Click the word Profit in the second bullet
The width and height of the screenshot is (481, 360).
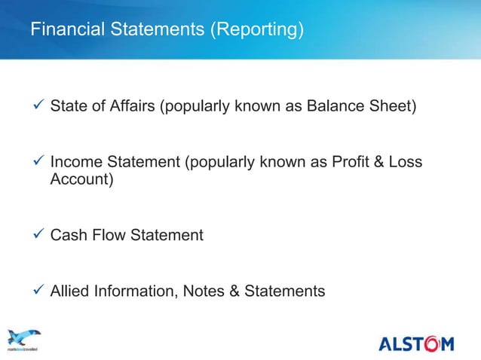click(357, 163)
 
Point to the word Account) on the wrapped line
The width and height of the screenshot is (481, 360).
click(81, 181)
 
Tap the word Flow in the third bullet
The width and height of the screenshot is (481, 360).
click(109, 236)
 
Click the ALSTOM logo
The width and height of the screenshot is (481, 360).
click(416, 344)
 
